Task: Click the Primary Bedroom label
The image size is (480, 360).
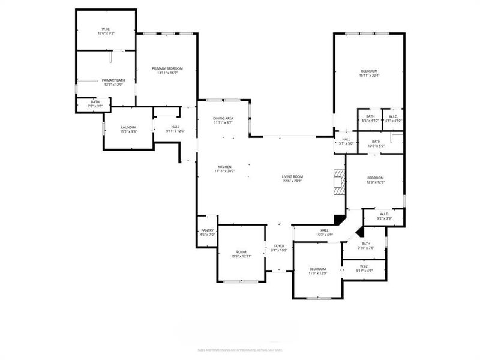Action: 167,71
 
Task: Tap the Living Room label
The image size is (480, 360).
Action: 293,178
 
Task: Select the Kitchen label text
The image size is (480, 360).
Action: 224,169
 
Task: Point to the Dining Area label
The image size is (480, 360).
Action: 223,121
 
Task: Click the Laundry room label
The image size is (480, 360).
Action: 128,129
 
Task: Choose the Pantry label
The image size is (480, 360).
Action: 208,232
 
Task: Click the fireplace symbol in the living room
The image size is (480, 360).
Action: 340,181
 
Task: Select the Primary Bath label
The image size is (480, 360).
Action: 113,82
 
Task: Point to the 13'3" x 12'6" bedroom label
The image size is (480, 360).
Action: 376,180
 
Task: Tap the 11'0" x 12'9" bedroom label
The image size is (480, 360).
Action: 317,271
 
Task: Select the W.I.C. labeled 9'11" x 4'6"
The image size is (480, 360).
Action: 364,268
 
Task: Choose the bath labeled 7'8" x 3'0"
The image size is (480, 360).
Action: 95,104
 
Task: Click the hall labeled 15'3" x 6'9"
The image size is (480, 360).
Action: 324,232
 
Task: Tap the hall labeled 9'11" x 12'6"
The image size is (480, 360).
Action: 175,129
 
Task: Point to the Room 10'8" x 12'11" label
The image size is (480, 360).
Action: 241,254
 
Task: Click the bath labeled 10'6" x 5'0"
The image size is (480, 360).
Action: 376,143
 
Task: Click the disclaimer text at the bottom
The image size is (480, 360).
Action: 240,350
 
